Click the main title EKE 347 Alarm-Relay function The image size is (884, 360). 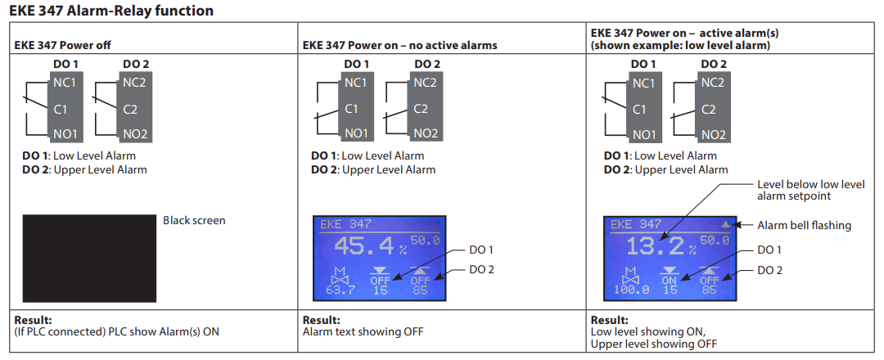point(111,11)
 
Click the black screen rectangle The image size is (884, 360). point(89,258)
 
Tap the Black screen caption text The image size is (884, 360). point(194,220)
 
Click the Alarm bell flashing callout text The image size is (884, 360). point(804,225)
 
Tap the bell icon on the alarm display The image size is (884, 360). point(724,224)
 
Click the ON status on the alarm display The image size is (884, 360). point(670,280)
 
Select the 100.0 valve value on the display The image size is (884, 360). point(630,290)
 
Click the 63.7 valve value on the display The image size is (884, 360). point(340,290)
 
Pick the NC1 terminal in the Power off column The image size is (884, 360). point(65,83)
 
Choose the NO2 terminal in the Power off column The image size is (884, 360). point(135,134)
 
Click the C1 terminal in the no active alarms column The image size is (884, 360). point(351,109)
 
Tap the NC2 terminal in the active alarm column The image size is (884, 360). point(712,83)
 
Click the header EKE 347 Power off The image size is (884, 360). point(60,45)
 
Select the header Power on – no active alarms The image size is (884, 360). point(399,45)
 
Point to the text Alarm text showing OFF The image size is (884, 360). point(363,331)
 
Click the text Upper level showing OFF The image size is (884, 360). point(652,344)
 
